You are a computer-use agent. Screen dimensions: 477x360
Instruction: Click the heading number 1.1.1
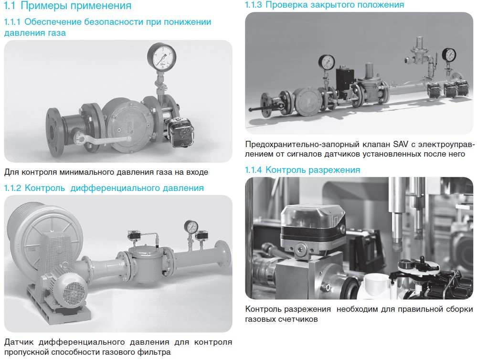[x=12, y=22]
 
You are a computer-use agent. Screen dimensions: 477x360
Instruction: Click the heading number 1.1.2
[x=12, y=188]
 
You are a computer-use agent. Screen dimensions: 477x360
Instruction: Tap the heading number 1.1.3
[x=253, y=5]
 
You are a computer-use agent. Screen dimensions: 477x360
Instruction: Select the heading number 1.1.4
[x=253, y=170]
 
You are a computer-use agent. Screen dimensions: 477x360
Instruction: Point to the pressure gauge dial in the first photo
[x=161, y=57]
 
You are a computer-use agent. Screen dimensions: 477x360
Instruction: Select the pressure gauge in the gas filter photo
[x=191, y=227]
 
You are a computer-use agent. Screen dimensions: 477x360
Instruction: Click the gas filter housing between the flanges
[x=148, y=263]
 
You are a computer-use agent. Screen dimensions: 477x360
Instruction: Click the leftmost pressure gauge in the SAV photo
[x=327, y=62]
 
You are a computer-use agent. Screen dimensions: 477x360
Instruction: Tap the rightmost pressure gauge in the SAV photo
[x=449, y=55]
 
